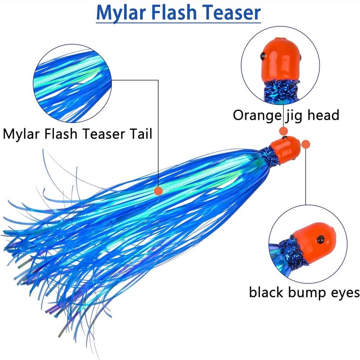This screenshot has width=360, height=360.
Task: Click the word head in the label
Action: (322, 115)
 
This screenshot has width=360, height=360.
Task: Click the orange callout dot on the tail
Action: (158, 191)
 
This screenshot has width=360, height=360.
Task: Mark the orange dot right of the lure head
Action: (306, 145)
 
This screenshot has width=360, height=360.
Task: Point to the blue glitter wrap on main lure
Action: (270, 157)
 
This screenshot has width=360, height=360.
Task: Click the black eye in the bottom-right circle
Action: (319, 238)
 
